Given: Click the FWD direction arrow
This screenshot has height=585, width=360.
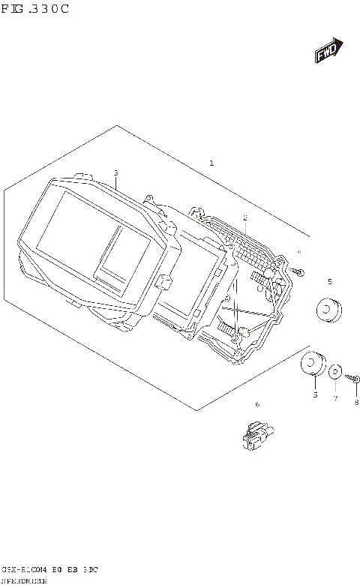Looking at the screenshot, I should click(328, 51).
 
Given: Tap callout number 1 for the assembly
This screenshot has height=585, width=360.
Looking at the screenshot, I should click(211, 163).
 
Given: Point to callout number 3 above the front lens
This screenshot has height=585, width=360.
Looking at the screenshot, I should click(116, 173).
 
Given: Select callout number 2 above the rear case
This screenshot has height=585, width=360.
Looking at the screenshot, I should click(244, 217).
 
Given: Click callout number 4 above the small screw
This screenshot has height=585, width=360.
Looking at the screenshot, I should click(298, 253).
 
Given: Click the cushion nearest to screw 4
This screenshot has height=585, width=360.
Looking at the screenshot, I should click(327, 309).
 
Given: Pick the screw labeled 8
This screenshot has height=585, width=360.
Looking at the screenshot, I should click(355, 380).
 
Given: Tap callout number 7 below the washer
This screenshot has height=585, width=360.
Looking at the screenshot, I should click(335, 398).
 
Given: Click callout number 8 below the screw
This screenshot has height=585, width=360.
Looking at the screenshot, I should click(356, 402).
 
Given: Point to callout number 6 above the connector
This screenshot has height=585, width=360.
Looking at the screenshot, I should click(256, 405).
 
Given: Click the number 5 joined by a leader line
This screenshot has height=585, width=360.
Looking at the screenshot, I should click(315, 394).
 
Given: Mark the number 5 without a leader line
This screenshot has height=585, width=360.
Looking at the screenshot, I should click(328, 281).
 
